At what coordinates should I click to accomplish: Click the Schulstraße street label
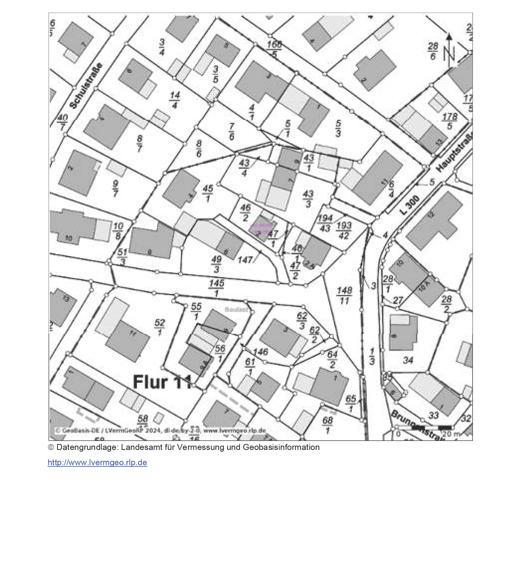click(x=86, y=86)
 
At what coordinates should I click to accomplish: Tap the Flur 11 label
click(x=162, y=382)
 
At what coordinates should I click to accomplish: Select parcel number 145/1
click(x=217, y=288)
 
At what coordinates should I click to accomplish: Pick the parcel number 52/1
click(x=160, y=327)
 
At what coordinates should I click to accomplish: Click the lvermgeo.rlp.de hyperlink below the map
click(x=97, y=463)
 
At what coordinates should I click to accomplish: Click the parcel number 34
click(x=408, y=361)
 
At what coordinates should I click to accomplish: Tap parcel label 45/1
click(x=208, y=194)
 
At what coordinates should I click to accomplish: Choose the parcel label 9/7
click(x=115, y=189)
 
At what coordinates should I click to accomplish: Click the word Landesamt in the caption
click(x=137, y=447)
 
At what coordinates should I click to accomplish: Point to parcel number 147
click(x=245, y=260)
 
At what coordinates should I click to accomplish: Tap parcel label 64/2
click(x=332, y=359)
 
